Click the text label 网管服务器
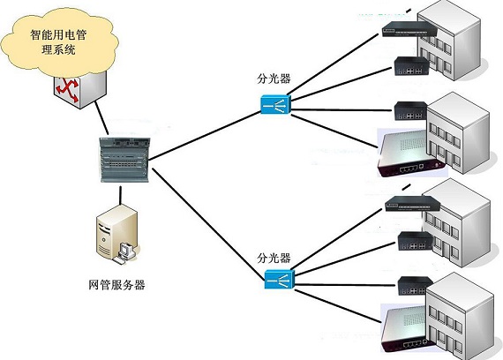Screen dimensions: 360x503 coord(116,285)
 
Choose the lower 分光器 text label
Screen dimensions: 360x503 coord(274,259)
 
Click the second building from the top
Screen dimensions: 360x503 coord(458,132)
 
